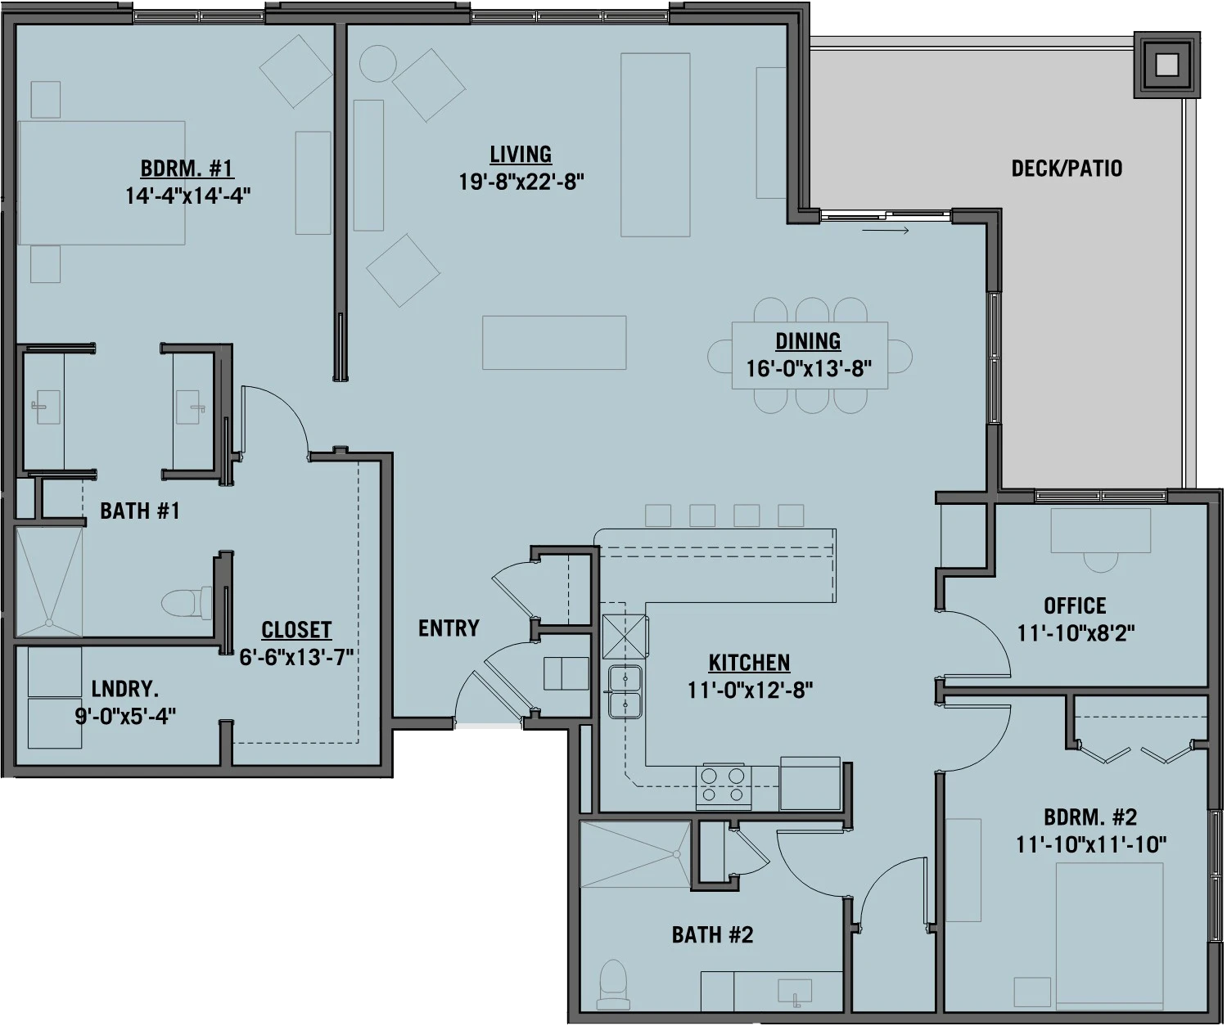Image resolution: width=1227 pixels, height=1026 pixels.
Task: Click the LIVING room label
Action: coord(521,154)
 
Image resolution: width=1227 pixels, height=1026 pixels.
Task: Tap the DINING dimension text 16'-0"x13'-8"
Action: coord(808,367)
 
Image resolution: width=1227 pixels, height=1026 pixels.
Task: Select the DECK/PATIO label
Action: coord(1067,169)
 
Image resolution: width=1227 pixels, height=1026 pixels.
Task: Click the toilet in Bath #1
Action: coord(177,604)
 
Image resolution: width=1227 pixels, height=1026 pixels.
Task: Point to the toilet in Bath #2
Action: coord(611,985)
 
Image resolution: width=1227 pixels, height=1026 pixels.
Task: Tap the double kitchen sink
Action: coord(625,691)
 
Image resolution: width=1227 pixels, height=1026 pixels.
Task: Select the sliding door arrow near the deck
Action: coord(886,232)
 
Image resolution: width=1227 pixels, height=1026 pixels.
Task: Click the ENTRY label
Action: coord(449,628)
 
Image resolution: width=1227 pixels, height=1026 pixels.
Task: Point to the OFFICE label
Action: coord(1075,605)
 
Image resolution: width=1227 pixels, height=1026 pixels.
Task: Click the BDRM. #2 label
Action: coord(1090,817)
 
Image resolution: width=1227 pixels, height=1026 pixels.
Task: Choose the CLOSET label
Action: coord(296,630)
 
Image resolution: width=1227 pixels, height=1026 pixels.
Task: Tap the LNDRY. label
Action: coord(125,689)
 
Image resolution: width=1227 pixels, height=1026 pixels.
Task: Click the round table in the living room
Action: coord(379,63)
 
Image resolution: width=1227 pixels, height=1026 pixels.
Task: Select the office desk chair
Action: coord(1099,561)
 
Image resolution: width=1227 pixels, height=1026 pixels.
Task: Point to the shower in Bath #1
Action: coord(49,582)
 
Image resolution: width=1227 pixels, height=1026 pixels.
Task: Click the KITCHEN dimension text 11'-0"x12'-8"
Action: coord(750,690)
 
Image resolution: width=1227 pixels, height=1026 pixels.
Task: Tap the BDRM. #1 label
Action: coord(187,169)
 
